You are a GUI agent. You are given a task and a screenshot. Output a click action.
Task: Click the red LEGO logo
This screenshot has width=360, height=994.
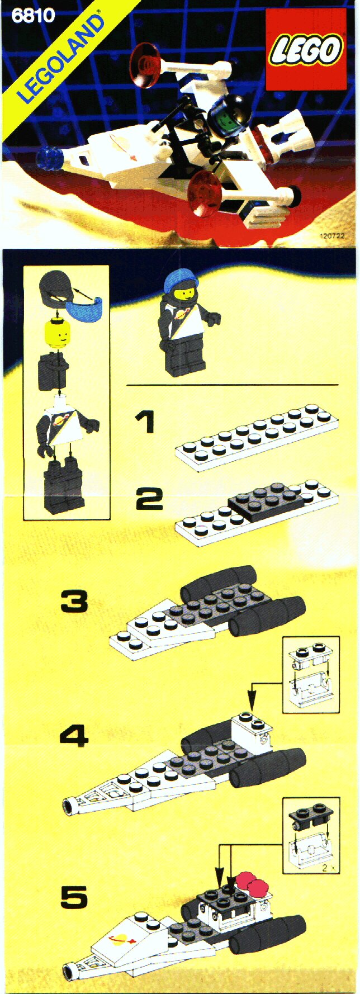tap(306, 49)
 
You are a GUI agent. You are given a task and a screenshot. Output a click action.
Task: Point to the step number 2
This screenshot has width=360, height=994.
tap(149, 498)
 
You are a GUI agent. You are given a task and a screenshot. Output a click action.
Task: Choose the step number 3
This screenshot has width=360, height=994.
tap(74, 602)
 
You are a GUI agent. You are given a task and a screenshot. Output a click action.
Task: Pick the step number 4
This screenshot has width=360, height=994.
tap(74, 735)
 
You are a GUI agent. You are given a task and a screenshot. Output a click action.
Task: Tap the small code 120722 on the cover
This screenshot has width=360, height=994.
tap(332, 236)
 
